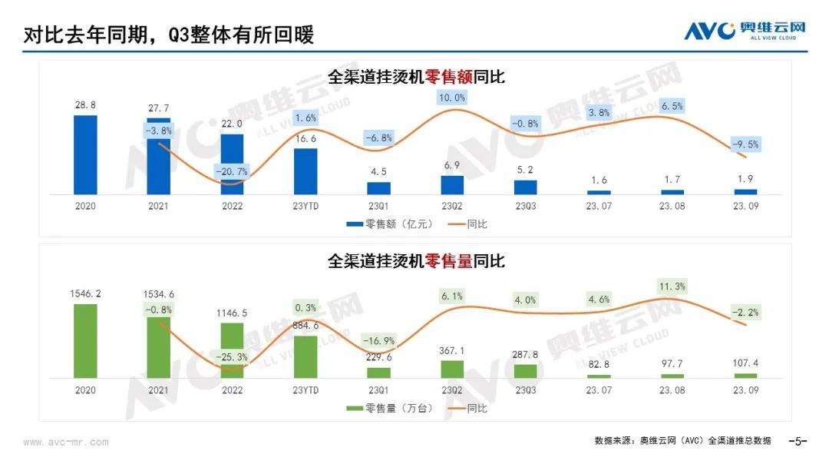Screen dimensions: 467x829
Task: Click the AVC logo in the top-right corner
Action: [x=745, y=30]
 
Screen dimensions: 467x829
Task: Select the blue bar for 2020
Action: [x=85, y=155]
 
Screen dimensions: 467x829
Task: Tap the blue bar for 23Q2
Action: [x=452, y=185]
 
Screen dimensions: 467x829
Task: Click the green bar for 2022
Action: [x=232, y=351]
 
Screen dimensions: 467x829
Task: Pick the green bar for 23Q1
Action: [x=378, y=373]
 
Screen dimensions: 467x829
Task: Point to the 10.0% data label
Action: [x=451, y=98]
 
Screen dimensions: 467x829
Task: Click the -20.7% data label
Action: [x=232, y=171]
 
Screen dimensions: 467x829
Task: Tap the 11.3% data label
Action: [x=672, y=287]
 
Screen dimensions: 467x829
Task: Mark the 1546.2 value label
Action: [x=85, y=293]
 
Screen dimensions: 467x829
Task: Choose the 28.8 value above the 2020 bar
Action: [x=85, y=104]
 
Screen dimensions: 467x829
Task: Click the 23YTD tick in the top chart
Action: [x=306, y=206]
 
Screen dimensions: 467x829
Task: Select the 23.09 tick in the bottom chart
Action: [x=745, y=390]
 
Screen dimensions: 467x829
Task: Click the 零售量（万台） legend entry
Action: [x=389, y=409]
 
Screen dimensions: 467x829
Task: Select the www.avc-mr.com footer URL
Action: [x=66, y=442]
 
